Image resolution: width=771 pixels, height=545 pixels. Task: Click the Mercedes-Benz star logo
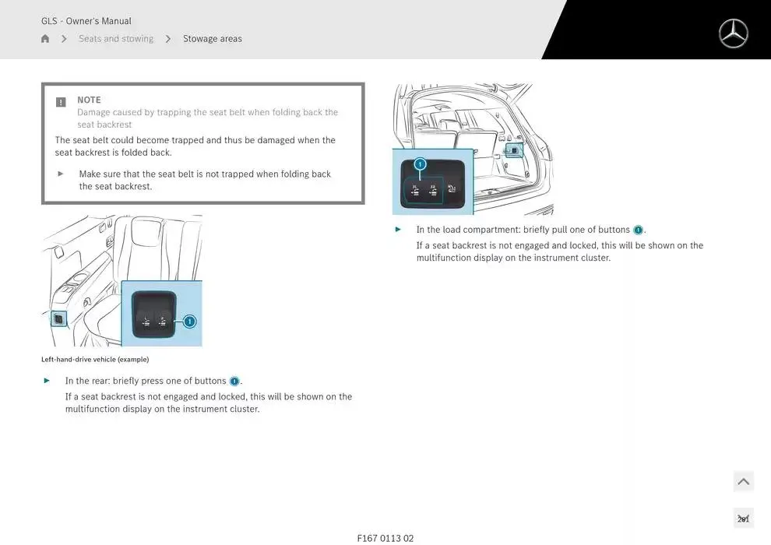point(733,33)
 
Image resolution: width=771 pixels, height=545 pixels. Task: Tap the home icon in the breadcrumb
point(45,39)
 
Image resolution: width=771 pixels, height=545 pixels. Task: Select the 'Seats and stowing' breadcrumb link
point(116,39)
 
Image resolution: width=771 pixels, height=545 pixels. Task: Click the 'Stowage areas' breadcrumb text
point(212,39)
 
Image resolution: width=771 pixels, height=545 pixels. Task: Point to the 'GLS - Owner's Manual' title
point(86,21)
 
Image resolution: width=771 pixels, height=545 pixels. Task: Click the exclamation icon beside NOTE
point(61,102)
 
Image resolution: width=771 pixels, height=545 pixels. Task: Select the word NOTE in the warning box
point(89,100)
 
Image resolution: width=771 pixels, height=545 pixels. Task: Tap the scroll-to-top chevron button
point(743,482)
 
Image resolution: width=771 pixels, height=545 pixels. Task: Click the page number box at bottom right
point(743,519)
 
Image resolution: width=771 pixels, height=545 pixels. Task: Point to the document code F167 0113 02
point(385,538)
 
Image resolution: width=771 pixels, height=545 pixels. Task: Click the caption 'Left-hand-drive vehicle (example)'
point(95,360)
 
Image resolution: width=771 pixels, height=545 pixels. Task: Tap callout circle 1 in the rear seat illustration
point(189,321)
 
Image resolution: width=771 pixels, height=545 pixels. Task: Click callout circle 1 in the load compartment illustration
point(420,164)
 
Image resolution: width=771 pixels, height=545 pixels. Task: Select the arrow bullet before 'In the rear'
point(47,381)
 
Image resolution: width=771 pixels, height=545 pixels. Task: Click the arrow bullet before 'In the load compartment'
point(398,230)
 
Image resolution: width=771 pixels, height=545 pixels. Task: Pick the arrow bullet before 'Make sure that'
point(61,174)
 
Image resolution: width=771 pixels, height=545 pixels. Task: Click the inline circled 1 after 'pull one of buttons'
point(638,230)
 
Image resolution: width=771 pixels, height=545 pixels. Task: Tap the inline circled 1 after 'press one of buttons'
point(234,381)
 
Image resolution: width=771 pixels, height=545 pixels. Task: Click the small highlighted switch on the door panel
point(58,318)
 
